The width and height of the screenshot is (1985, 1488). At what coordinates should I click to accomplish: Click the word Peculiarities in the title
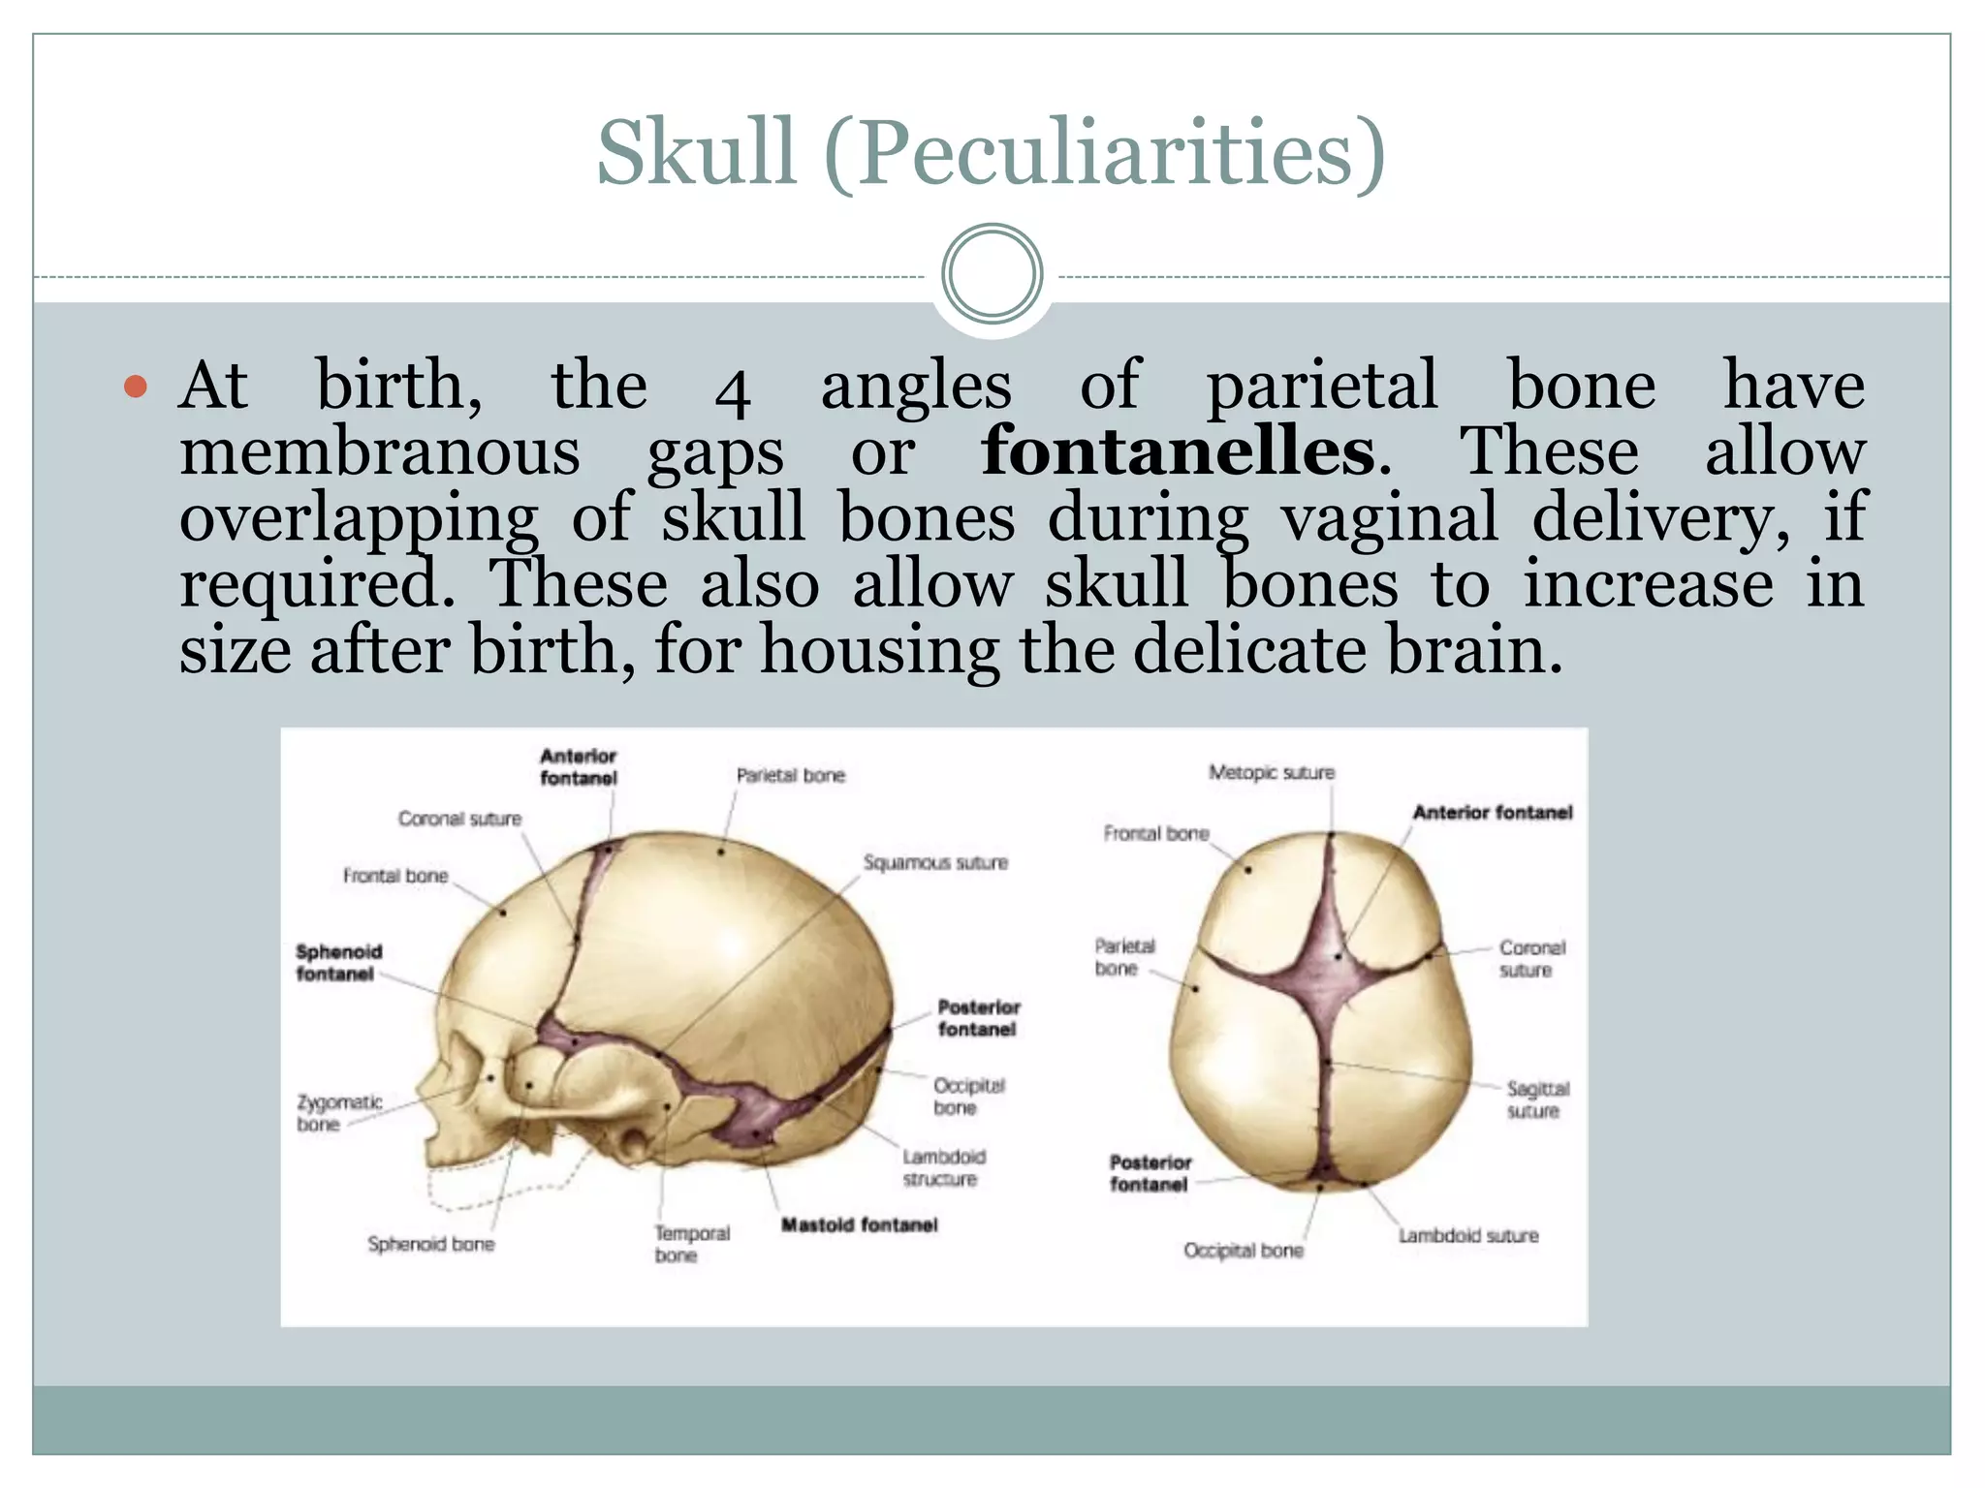coord(1105,152)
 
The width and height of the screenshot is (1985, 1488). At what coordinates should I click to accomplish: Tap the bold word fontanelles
coord(1178,451)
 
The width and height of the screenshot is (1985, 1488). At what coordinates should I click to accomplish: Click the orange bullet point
coord(137,387)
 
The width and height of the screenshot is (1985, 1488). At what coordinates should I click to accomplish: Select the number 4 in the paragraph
coord(733,391)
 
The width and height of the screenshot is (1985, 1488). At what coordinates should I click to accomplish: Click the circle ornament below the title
coord(992,274)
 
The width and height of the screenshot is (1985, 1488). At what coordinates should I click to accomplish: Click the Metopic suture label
coord(1271,773)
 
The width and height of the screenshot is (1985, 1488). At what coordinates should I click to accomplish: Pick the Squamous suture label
coord(935,862)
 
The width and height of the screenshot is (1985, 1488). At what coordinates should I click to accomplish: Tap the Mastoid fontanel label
coord(859,1225)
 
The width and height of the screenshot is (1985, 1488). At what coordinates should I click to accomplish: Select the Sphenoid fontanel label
coord(338,963)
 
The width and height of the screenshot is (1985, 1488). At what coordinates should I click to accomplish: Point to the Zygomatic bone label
coord(338,1113)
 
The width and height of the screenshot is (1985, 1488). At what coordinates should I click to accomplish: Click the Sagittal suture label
coord(1537,1100)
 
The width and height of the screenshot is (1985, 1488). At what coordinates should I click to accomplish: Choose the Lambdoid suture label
coord(1467,1236)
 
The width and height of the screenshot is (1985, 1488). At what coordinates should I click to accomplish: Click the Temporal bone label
coord(691,1244)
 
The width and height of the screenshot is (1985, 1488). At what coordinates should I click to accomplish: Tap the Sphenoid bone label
coord(430,1244)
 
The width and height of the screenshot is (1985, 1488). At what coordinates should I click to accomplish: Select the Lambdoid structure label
coord(943,1167)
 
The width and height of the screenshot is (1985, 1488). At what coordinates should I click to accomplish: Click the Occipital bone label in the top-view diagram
coord(1243,1251)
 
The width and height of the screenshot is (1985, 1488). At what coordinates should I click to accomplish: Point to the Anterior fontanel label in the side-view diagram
coord(578,766)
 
